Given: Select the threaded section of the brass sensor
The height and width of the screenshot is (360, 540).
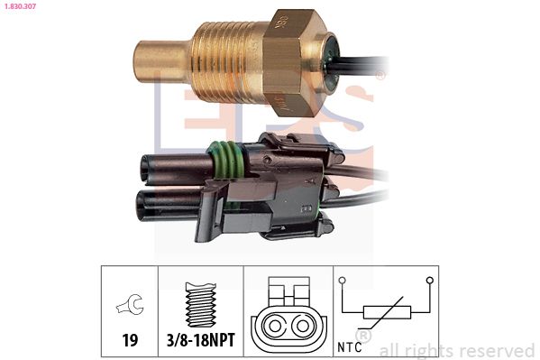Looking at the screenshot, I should pyautogui.click(x=225, y=59).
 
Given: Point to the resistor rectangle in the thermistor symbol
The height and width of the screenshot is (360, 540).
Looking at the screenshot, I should pyautogui.click(x=387, y=313).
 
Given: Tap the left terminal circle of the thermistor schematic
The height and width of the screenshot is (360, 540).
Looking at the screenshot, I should pyautogui.click(x=343, y=280).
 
